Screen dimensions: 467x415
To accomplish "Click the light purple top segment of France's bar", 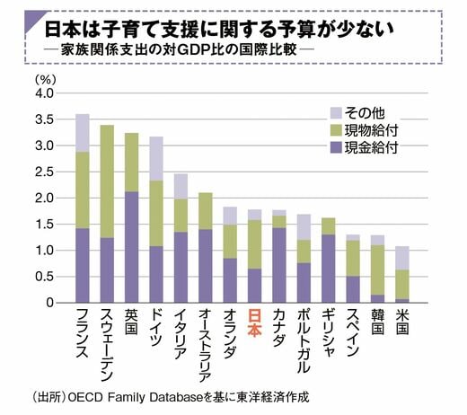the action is [x=83, y=133].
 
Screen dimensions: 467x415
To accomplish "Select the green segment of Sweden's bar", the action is [x=107, y=181].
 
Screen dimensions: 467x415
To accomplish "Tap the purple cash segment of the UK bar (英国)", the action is [x=131, y=247].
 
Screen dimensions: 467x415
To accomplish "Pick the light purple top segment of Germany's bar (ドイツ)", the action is [x=156, y=159].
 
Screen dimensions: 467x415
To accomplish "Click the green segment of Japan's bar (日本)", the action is [x=254, y=244].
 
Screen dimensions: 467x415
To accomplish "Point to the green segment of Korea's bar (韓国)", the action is [x=377, y=270].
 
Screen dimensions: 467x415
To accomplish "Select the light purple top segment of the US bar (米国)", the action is [x=402, y=258].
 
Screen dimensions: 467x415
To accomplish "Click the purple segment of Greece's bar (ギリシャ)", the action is [x=329, y=269].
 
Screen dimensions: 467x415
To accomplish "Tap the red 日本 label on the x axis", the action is [x=254, y=323].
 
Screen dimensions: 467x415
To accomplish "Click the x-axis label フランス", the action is [x=83, y=333].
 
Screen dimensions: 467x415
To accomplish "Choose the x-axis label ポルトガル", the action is [x=304, y=341].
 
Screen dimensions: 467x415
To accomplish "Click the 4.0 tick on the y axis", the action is [x=44, y=93].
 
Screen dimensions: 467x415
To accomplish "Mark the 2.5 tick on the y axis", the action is [x=44, y=172].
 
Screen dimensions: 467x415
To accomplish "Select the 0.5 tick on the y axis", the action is [x=44, y=277].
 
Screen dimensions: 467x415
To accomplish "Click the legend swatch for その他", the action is [x=336, y=113].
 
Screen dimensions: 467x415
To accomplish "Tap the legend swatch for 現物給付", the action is [x=336, y=130].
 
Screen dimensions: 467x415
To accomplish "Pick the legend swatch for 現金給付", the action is [x=336, y=147].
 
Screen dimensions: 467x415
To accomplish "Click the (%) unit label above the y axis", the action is [x=46, y=79].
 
